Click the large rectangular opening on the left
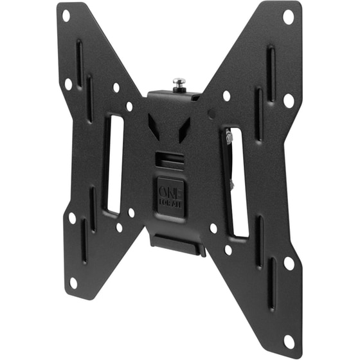pos(113,165)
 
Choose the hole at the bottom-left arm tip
pos(73,282)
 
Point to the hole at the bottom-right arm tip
pos(289,341)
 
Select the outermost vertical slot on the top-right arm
pos(271,64)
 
